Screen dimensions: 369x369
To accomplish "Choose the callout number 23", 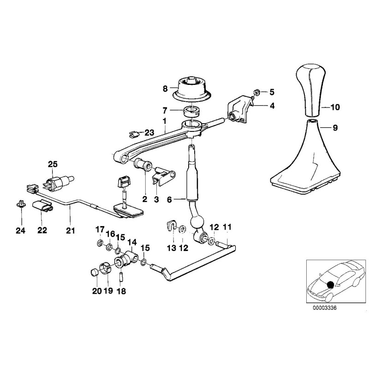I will pyautogui.click(x=149, y=132).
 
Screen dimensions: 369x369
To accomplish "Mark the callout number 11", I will pyautogui.click(x=226, y=227).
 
